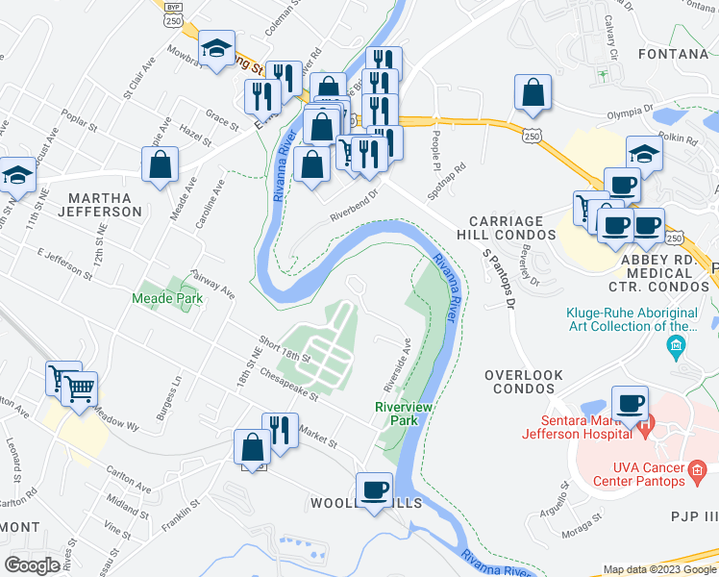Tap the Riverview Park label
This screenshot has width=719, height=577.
point(395,414)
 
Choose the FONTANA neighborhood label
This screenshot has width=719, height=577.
point(672,54)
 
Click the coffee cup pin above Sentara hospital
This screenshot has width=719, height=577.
point(631,402)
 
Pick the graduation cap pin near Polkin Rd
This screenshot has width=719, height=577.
point(644,152)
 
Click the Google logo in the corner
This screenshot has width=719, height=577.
point(33,565)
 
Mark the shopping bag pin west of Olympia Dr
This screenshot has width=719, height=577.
point(533,93)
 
